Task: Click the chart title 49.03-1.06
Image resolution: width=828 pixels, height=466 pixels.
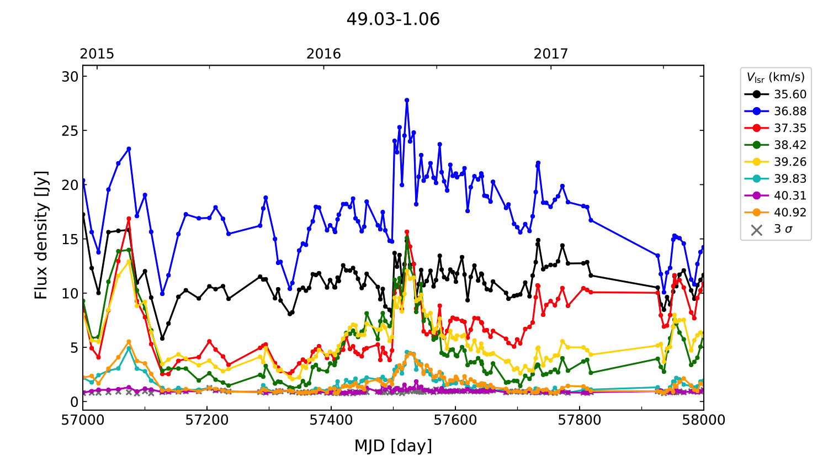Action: pos(393,19)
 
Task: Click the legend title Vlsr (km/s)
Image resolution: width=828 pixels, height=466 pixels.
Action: pos(776,77)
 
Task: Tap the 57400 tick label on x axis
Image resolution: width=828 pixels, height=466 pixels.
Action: pos(331,420)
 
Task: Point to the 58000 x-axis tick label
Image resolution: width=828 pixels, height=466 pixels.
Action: pos(703,420)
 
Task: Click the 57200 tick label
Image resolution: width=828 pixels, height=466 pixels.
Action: pos(207,420)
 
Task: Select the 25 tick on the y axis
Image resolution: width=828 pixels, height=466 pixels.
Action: pos(70,131)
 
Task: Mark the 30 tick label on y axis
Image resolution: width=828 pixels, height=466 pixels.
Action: pos(70,77)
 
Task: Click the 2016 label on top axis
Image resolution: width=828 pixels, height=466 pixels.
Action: pos(323,54)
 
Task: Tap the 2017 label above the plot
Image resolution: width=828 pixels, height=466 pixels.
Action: pos(550,54)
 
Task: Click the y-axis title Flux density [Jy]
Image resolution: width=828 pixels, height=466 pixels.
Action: pos(41,235)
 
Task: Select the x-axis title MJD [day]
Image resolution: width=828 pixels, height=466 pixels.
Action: pos(393,446)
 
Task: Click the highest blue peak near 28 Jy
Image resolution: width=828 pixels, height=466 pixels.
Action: pos(407,100)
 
